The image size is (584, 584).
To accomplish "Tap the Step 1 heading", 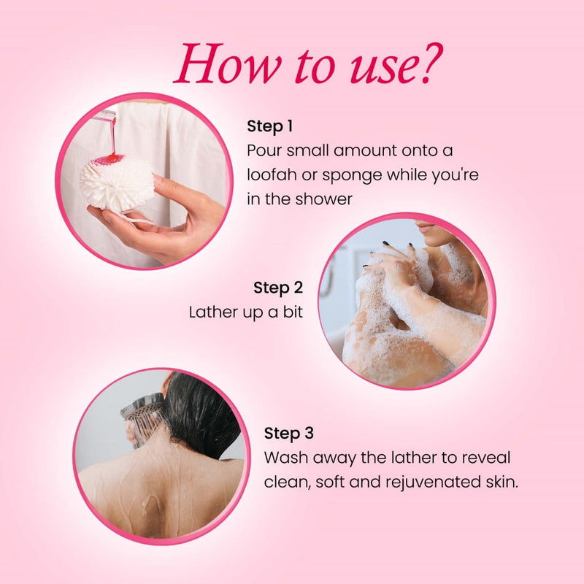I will pyautogui.click(x=270, y=126).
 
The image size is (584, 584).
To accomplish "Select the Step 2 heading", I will pyautogui.click(x=278, y=288).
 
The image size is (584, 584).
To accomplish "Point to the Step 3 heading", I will pyautogui.click(x=289, y=434).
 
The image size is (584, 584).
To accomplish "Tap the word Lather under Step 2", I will pyautogui.click(x=212, y=312).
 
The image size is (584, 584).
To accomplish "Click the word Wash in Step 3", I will pyautogui.click(x=285, y=458).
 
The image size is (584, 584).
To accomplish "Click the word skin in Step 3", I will pyautogui.click(x=502, y=483).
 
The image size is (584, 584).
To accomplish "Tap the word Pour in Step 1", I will pyautogui.click(x=264, y=151).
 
